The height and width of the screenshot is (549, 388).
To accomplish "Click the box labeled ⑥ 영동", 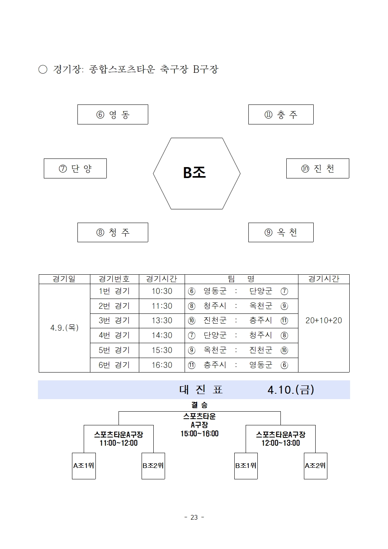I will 113,115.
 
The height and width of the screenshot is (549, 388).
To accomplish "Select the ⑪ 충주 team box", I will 281,115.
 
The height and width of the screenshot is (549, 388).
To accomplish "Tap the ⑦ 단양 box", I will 75,169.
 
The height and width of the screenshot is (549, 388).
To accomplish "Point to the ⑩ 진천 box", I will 318,169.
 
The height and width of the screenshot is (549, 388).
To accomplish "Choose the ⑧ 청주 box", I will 113,232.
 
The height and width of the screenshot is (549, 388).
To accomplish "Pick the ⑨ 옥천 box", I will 281,232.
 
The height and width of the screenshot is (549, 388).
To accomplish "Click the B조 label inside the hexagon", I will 194,173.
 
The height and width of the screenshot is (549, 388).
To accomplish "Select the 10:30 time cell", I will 162,291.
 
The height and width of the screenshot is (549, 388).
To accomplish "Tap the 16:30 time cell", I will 162,365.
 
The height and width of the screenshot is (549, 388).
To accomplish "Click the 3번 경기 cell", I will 114,320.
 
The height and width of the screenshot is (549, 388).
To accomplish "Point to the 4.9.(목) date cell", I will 65,328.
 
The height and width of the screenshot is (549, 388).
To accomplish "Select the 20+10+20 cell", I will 323,320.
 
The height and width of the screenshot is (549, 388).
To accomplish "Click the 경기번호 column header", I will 114,279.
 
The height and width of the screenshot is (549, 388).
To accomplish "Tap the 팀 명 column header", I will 241,279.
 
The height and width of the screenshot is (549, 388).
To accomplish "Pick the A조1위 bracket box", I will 84,466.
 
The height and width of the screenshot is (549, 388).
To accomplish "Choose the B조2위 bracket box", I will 153,466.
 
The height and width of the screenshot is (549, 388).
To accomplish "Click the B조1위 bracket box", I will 246,466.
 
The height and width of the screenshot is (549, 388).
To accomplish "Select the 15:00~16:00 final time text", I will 199,434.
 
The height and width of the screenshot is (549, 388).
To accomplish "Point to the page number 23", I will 194,517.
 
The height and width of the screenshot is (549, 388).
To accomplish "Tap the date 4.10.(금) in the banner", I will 291,390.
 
